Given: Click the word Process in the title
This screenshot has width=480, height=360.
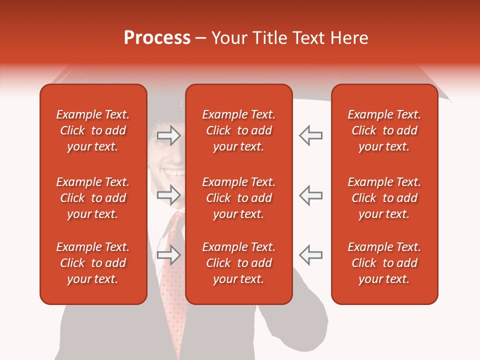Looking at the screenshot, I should [157, 38].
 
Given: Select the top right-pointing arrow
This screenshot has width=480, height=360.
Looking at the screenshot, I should [168, 135].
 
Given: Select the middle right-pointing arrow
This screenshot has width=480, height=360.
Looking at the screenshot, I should [168, 194].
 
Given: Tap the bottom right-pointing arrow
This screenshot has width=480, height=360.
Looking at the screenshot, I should [168, 255].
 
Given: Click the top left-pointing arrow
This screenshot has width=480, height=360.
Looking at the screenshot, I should [310, 135].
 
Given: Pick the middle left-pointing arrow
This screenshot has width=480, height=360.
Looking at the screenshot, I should [310, 194].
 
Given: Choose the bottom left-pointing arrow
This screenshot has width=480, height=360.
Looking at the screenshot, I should [310, 255].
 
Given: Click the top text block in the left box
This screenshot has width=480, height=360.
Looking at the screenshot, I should [93, 130].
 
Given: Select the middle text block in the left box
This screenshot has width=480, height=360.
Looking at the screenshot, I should [93, 198].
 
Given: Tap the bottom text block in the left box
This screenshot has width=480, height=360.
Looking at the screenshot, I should [93, 263].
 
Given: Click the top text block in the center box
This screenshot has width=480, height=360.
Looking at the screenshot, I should [238, 130].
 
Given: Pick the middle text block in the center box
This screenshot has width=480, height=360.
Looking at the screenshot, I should [238, 198].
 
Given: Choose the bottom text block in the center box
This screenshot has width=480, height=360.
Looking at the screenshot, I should [238, 263].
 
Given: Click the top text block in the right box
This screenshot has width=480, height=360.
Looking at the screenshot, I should [384, 130].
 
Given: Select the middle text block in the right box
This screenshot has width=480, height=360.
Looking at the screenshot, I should [384, 198].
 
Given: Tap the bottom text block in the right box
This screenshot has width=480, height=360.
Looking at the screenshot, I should [384, 263].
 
